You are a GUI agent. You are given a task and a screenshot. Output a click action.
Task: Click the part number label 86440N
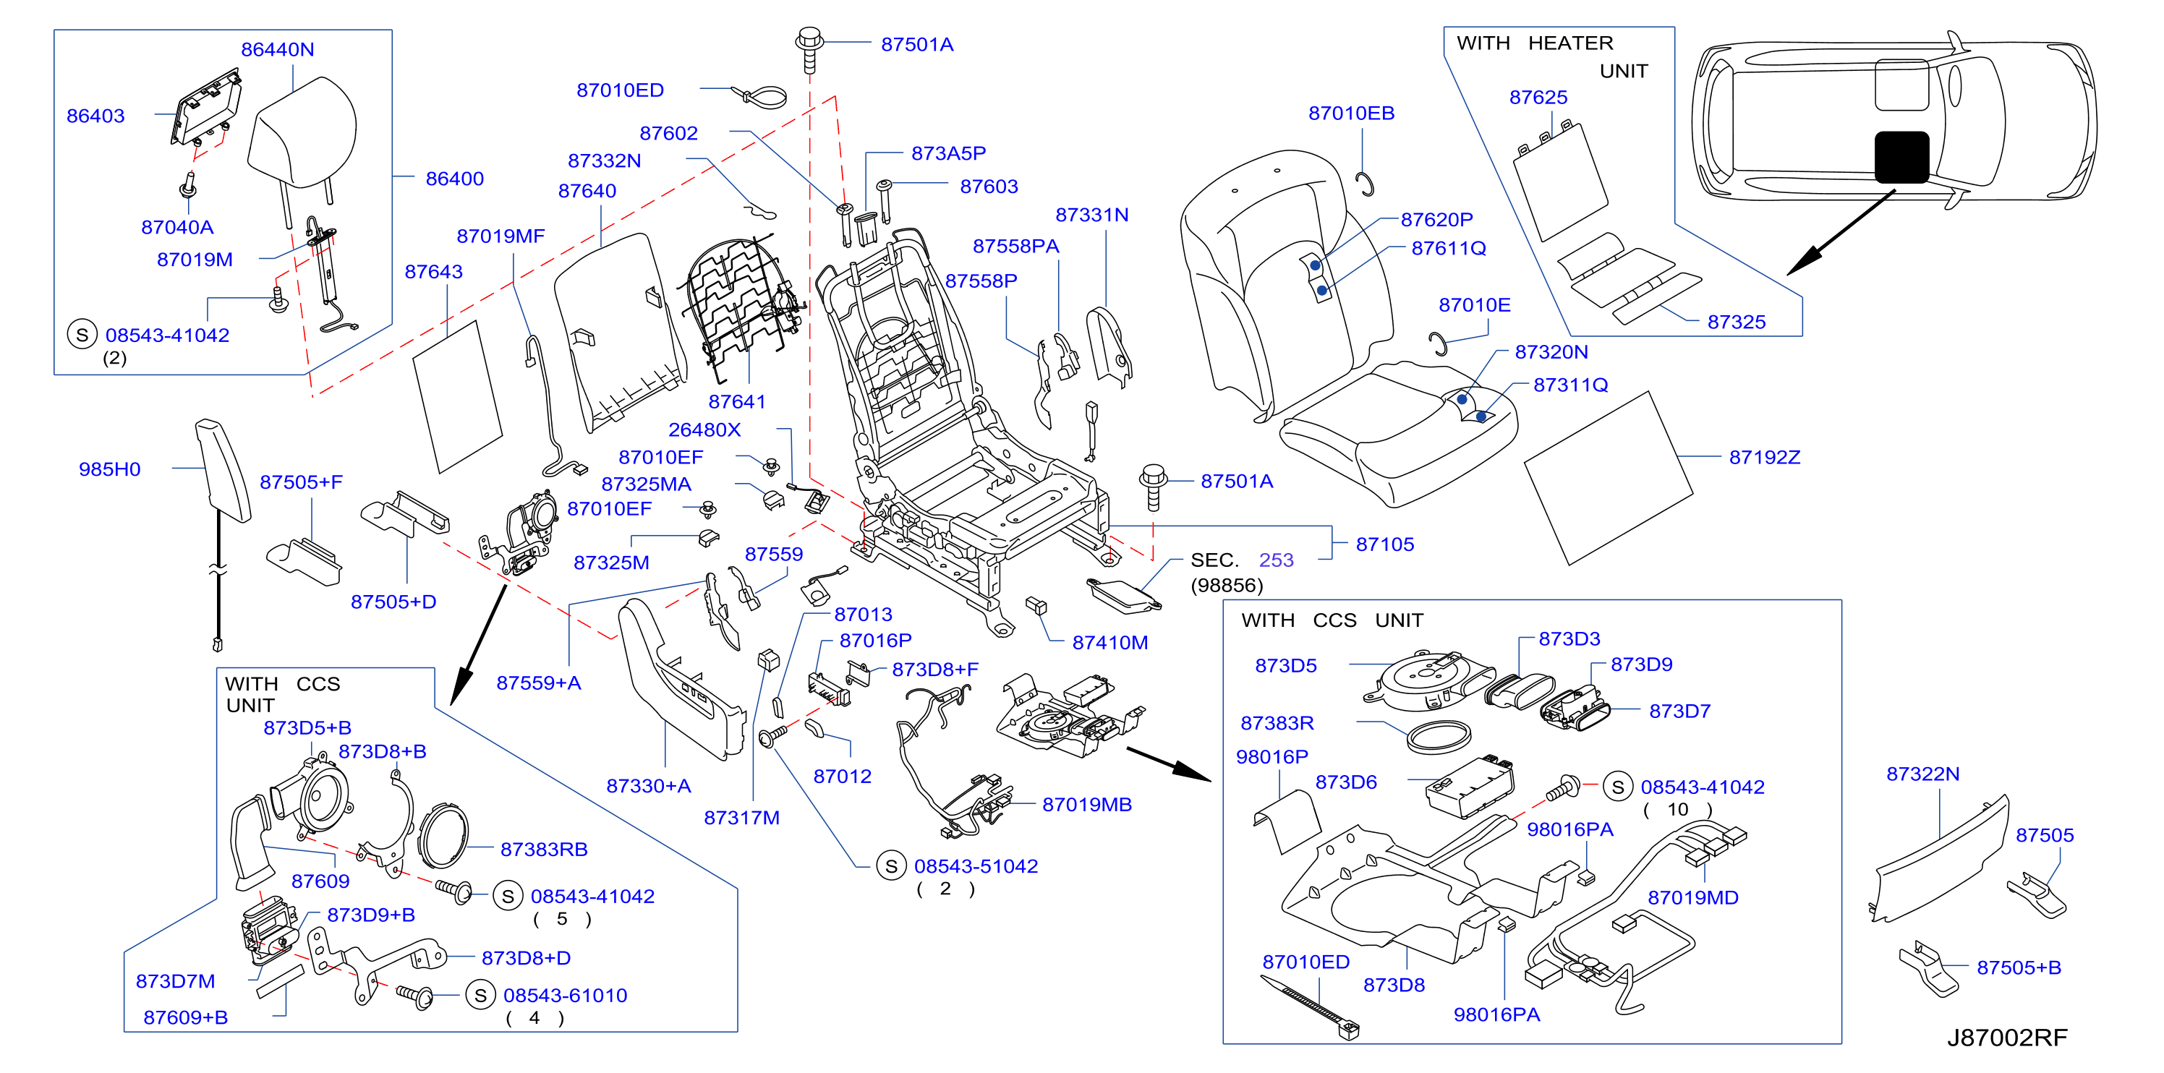coord(277,50)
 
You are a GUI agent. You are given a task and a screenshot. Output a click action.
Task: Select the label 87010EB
coord(1351,114)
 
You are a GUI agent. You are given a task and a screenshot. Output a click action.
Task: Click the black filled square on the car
coord(1902,157)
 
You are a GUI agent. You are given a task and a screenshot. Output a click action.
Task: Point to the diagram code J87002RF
coord(2007,1038)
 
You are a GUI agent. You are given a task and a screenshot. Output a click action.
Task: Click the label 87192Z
coord(1764,458)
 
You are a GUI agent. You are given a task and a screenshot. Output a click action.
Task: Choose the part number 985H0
coord(109,469)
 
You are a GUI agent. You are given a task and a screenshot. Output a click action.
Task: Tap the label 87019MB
coord(1086,804)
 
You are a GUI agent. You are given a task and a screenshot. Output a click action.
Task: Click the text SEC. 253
coord(1242,560)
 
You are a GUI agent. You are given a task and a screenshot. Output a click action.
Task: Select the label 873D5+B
coord(307,728)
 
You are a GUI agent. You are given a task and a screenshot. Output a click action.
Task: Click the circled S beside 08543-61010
coord(480,996)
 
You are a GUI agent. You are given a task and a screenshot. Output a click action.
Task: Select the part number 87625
coord(1538,98)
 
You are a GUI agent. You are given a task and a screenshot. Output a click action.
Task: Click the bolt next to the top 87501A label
coord(809,48)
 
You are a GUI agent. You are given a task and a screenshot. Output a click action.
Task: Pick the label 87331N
coord(1091,215)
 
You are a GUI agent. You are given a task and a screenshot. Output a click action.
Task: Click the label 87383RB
coord(543,850)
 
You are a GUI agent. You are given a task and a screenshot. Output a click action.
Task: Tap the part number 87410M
coord(1109,642)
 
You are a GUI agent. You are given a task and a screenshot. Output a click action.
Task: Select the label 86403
coord(95,116)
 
